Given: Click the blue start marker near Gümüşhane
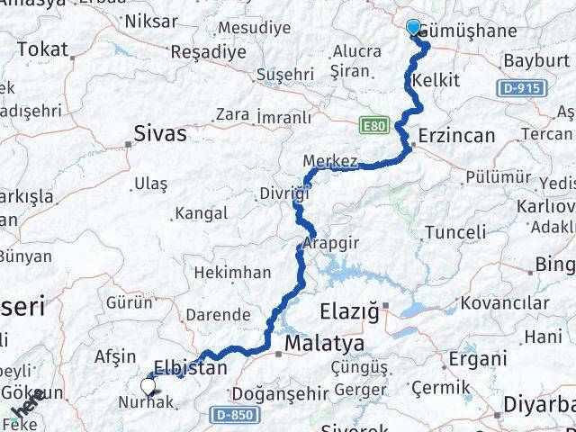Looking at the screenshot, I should pyautogui.click(x=414, y=28).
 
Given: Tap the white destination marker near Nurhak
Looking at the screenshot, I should pyautogui.click(x=148, y=387).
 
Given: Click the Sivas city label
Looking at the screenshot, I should pyautogui.click(x=160, y=134).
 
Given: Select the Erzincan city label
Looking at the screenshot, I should pyautogui.click(x=459, y=135).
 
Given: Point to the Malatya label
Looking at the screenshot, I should pyautogui.click(x=324, y=344).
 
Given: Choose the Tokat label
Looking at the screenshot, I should pyautogui.click(x=42, y=49).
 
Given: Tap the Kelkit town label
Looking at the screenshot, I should pyautogui.click(x=436, y=81).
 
